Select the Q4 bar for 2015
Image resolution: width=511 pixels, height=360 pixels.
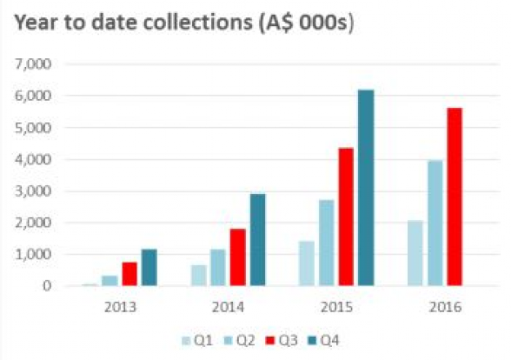(x=365, y=188)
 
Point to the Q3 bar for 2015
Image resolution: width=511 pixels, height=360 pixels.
(x=347, y=217)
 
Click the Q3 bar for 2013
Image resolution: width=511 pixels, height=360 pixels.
(x=129, y=274)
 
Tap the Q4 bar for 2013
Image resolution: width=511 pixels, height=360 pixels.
(x=148, y=268)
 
